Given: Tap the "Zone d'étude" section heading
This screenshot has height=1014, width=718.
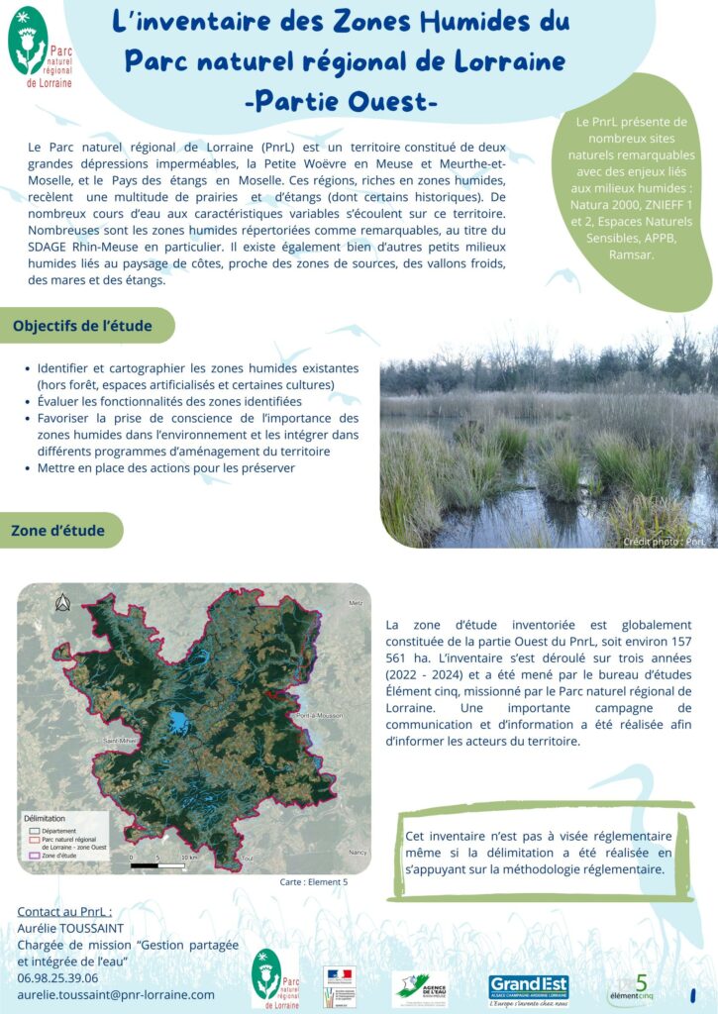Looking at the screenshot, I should point(57,531).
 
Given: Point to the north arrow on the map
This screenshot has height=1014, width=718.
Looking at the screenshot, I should point(62,601).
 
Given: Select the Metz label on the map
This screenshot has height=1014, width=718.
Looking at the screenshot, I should point(356,603).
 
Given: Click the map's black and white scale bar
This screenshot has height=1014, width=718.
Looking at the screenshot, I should point(158,863).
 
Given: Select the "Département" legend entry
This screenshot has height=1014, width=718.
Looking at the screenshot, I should point(59,830).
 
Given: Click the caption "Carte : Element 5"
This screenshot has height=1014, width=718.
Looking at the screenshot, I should point(313,881).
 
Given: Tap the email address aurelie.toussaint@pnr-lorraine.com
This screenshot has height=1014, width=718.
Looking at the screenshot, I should point(116,994).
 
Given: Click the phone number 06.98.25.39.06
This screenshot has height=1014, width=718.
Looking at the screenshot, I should point(57,977).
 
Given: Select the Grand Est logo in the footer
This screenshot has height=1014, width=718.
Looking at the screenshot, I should point(528,987).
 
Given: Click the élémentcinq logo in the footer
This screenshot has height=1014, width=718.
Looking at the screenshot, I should point(632,988).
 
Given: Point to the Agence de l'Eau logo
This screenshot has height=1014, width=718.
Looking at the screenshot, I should point(419,988).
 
